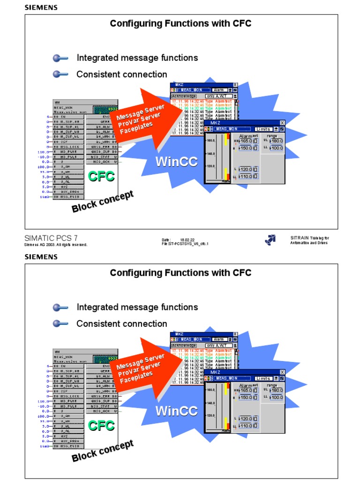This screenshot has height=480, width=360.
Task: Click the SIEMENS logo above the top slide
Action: tap(41, 7)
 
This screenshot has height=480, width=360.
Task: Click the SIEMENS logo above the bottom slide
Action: tap(41, 257)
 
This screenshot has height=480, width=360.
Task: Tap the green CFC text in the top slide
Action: tap(102, 177)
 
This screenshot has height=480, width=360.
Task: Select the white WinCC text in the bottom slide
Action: tap(176, 411)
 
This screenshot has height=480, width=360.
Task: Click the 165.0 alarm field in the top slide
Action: tap(246, 141)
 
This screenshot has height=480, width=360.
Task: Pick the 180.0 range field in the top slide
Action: tap(277, 141)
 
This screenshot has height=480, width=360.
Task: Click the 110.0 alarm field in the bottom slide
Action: tap(246, 426)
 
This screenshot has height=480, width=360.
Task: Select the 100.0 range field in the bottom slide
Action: tap(277, 397)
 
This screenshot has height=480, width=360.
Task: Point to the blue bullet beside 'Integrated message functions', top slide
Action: tap(60, 58)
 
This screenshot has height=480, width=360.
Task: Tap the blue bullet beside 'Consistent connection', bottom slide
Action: tap(60, 323)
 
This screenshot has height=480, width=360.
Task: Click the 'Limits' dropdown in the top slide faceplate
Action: tap(263, 129)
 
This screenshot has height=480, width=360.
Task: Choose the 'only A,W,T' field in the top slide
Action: tap(219, 96)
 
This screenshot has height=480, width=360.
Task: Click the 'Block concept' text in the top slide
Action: tap(103, 202)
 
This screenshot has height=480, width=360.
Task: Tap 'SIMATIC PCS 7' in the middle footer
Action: tap(51, 238)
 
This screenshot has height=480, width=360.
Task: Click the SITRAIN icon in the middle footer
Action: tap(270, 240)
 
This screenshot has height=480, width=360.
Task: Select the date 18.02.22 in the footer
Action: tap(187, 239)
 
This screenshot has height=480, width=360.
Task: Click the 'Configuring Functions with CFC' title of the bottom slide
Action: tap(180, 273)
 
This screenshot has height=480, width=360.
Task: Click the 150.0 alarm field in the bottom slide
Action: tap(246, 397)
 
